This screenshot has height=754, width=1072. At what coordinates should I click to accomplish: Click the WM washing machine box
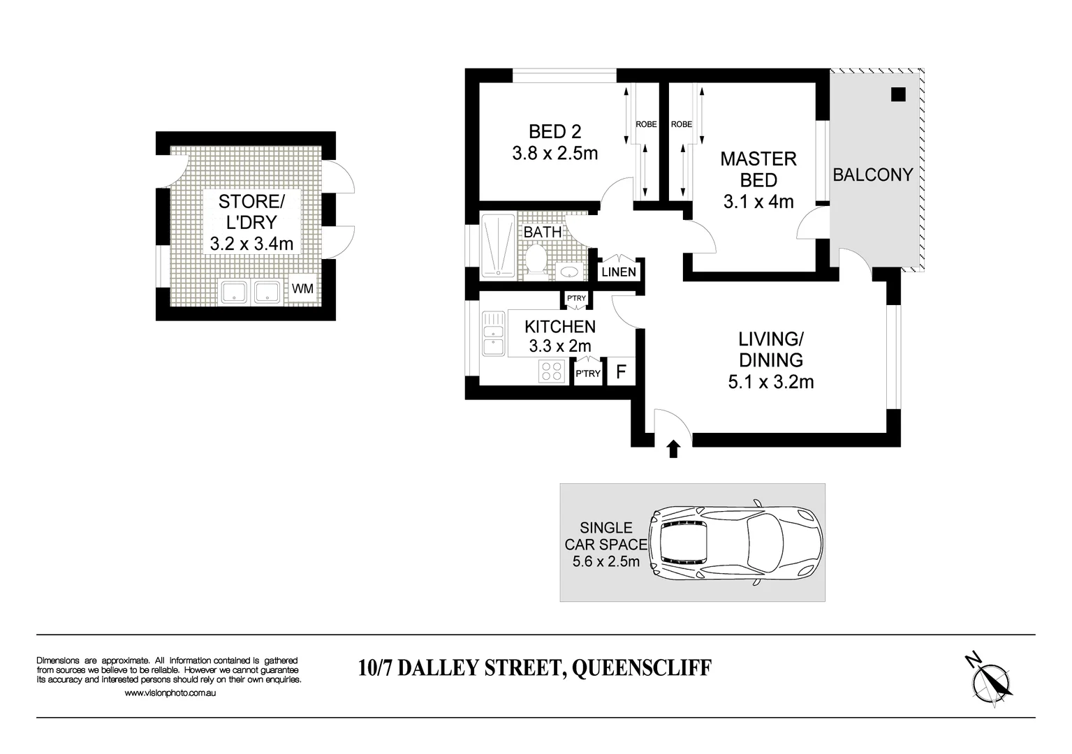point(302,288)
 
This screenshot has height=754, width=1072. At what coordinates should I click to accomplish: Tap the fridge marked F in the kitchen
point(620,372)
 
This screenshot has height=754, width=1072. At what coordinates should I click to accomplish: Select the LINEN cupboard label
point(618,272)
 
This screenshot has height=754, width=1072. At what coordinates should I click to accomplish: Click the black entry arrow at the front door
point(673,449)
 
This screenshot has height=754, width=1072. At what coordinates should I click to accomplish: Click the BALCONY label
point(873,175)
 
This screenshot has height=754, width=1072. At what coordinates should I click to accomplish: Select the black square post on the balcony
point(898,94)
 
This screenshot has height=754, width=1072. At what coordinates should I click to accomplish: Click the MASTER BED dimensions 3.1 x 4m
point(758,202)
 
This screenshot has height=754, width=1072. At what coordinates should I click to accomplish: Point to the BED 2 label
point(555,131)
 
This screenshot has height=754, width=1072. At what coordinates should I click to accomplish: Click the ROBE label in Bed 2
point(646,124)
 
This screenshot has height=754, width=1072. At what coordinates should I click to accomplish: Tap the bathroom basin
point(568,271)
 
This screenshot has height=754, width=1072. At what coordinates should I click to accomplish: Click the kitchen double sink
point(493,334)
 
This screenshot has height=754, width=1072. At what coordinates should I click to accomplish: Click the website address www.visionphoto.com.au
point(170,693)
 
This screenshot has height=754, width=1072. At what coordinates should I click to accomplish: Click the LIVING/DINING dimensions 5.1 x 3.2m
point(771,382)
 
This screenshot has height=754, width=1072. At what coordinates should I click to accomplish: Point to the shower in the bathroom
point(499,245)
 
